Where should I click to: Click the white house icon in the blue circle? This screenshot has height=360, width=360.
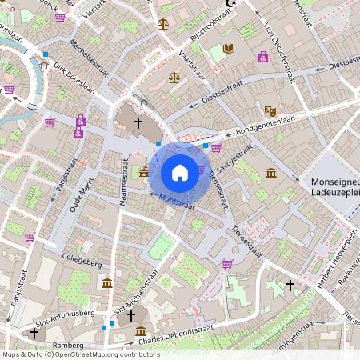[180, 172]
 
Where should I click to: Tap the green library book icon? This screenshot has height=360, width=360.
[229, 49]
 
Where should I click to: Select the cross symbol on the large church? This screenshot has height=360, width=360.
[138, 123]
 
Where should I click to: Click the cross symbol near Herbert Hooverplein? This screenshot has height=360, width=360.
[290, 285]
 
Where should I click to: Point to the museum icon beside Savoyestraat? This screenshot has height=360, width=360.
[271, 174]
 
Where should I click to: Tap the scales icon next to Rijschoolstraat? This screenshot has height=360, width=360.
[164, 23]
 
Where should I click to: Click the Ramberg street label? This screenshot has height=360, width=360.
[68, 345]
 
